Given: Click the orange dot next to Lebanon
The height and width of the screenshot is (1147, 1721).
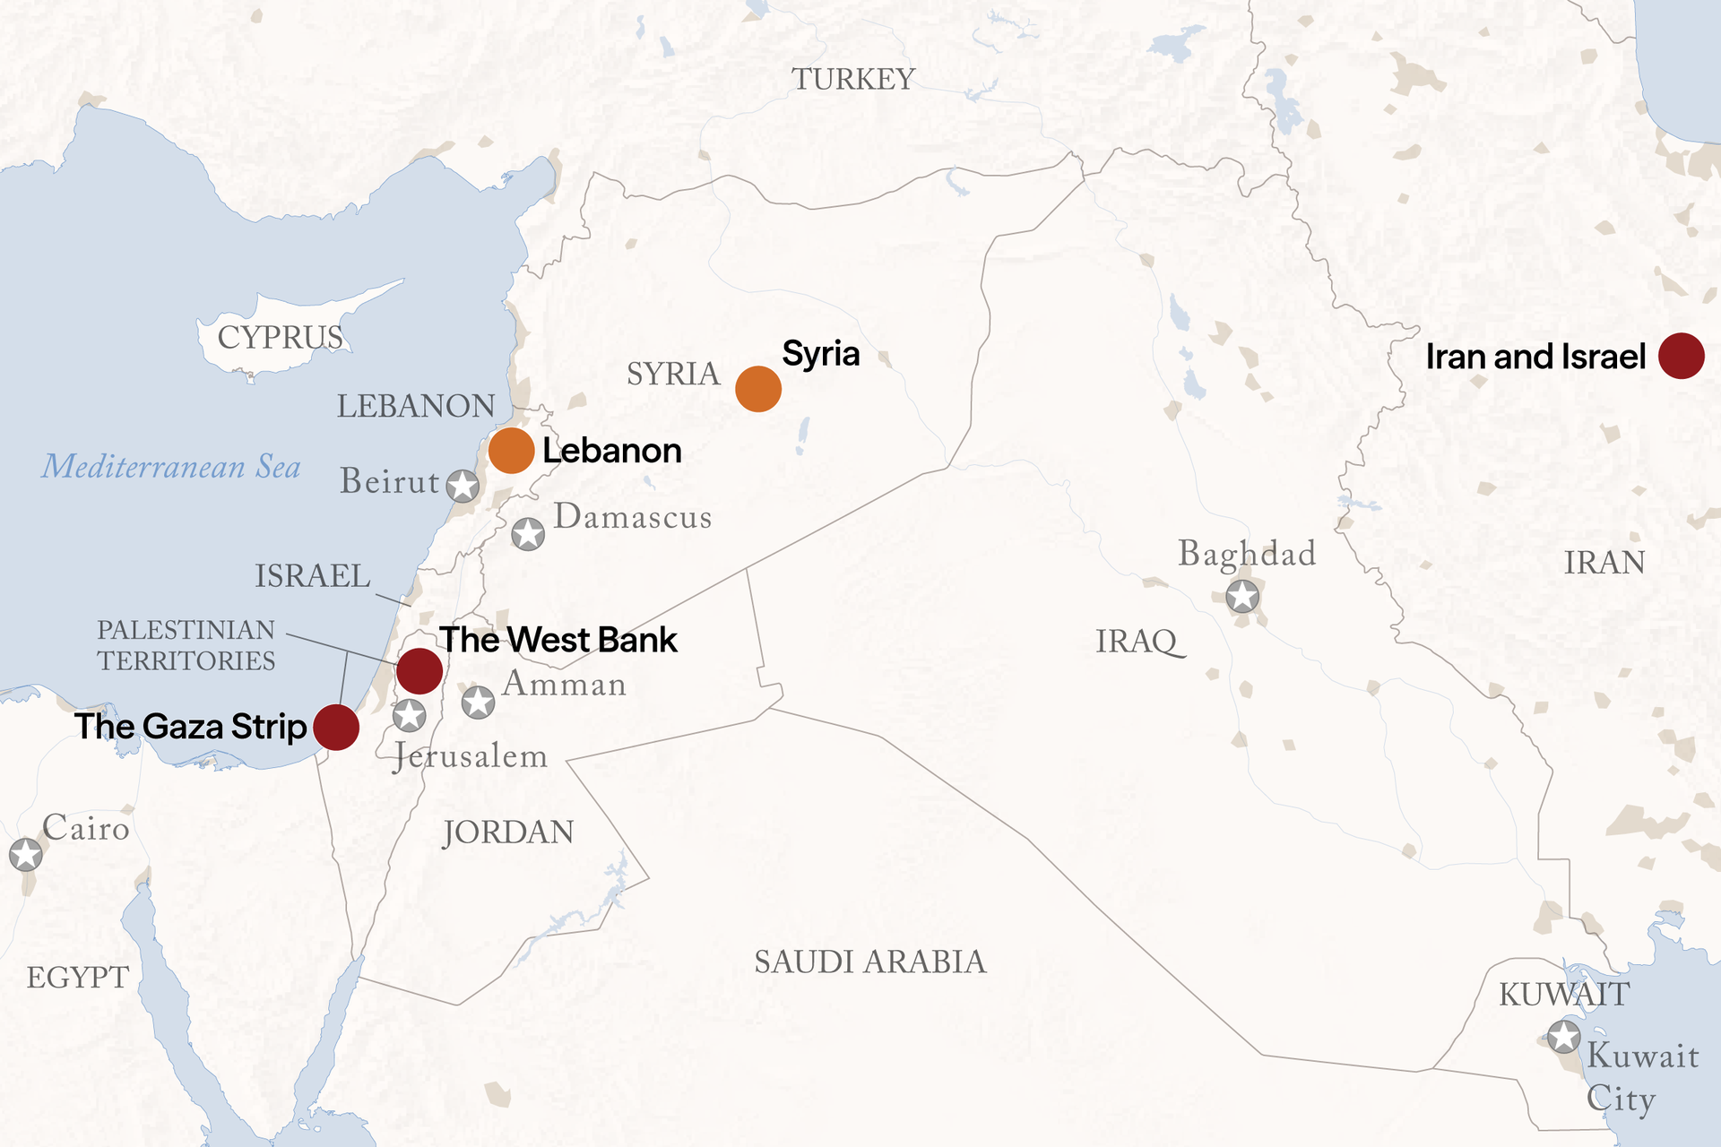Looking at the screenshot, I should click(x=511, y=450).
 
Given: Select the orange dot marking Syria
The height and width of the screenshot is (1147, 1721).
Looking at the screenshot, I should click(x=758, y=389).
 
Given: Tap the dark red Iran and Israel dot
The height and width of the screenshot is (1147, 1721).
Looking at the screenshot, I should click(x=1681, y=356).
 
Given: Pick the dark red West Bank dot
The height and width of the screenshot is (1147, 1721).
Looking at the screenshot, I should click(x=419, y=670).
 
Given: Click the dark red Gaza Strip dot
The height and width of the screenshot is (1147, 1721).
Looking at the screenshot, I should click(x=336, y=727).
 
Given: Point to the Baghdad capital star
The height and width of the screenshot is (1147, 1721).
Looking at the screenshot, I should click(x=1242, y=596).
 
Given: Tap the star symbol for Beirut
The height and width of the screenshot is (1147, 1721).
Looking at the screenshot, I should click(x=463, y=486).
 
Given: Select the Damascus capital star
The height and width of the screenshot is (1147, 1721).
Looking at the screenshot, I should click(x=528, y=534).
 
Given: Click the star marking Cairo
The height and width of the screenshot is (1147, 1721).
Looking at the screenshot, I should click(x=26, y=854).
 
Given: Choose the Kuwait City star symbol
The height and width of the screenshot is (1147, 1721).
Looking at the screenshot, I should click(x=1564, y=1038).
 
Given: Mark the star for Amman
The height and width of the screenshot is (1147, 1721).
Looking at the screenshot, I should click(x=478, y=702).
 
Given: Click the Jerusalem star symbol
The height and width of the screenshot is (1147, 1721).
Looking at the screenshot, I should click(x=410, y=715).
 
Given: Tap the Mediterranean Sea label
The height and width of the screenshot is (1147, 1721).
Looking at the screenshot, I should click(x=171, y=467).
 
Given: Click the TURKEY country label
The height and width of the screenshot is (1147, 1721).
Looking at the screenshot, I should click(x=852, y=80).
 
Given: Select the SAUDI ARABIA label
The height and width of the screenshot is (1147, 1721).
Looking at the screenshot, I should click(x=869, y=962).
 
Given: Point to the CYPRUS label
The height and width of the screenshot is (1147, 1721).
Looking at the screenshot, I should click(x=280, y=338).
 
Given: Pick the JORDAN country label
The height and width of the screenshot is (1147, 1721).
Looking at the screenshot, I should click(x=508, y=832).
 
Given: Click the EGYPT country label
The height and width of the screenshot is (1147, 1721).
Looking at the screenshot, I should click(x=78, y=978).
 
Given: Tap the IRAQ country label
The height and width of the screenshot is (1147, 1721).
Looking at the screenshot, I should click(x=1137, y=642).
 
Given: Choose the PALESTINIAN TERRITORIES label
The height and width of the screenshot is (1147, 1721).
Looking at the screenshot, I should click(x=186, y=645).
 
